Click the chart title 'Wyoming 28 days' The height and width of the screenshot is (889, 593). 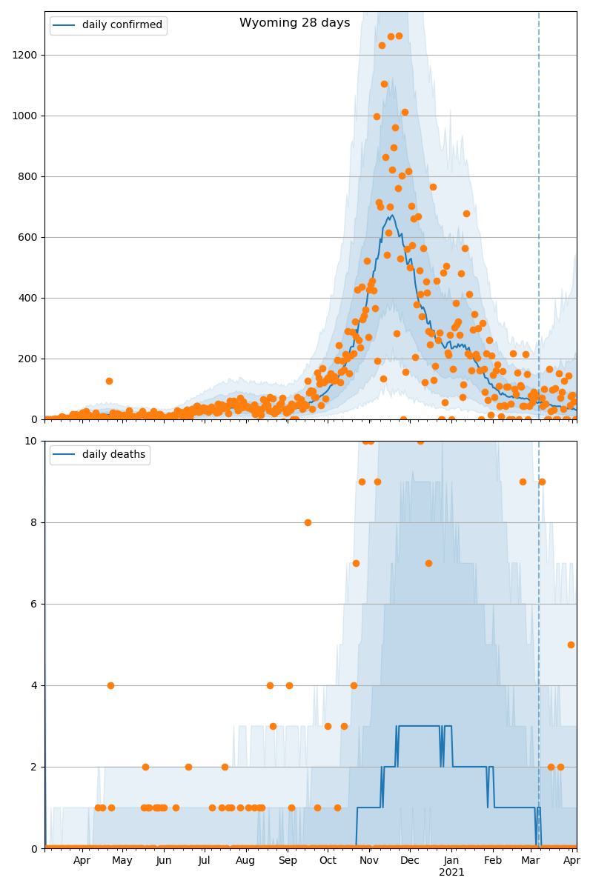click(294, 23)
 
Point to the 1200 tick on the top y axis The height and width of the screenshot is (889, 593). click(28, 55)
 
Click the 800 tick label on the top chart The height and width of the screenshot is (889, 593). click(30, 176)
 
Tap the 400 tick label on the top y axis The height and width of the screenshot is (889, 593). click(30, 298)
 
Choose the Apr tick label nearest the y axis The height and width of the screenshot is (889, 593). click(82, 860)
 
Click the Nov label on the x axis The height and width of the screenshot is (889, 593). click(369, 860)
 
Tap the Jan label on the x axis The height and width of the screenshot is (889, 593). click(451, 860)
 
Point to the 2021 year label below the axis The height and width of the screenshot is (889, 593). click(451, 872)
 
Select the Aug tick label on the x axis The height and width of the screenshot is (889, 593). click(245, 860)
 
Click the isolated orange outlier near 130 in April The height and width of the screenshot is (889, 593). click(109, 381)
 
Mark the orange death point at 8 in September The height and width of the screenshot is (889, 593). click(308, 522)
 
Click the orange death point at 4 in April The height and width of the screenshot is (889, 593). click(110, 685)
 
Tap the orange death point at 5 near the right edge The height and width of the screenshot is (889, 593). click(571, 645)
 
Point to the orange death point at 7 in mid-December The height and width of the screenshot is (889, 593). click(428, 563)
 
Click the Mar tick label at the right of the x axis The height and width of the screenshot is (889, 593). click(531, 860)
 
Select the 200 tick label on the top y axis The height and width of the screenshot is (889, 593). click(30, 359)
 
